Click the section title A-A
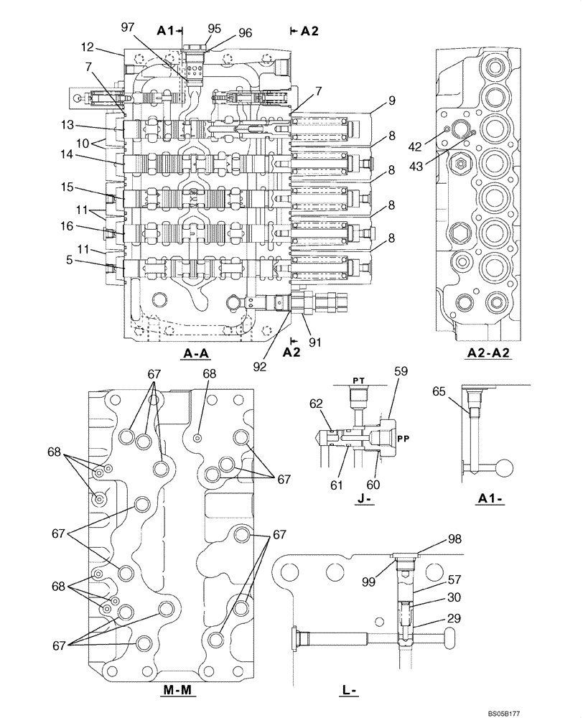[x=196, y=353]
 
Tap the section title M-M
[x=176, y=691]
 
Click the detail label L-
[x=350, y=691]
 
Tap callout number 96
[x=245, y=32]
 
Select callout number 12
[x=87, y=47]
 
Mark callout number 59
[x=400, y=372]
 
